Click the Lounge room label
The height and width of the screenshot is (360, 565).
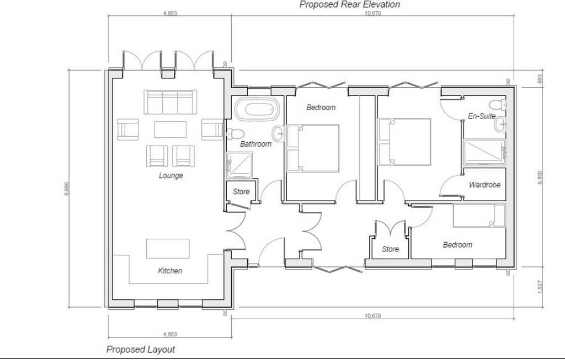pos(170,176)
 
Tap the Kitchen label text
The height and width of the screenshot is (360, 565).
pos(169,271)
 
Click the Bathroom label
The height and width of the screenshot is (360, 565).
pos(255,144)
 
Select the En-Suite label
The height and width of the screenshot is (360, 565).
pos(481,116)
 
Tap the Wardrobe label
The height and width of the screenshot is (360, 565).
pos(484,185)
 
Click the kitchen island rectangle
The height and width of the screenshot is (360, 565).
pos(168,249)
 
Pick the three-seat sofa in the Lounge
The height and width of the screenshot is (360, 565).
pos(170,101)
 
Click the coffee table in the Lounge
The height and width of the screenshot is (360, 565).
pos(170,130)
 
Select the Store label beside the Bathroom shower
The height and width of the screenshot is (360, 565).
pos(241,192)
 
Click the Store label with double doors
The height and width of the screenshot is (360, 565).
pos(390,249)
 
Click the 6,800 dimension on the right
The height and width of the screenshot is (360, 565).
pos(540,177)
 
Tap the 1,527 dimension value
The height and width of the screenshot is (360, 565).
pos(540,287)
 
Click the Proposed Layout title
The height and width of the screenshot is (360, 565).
pos(140,350)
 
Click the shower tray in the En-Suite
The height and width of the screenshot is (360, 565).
pos(484,152)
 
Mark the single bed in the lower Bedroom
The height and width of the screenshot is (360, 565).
pos(479,216)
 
